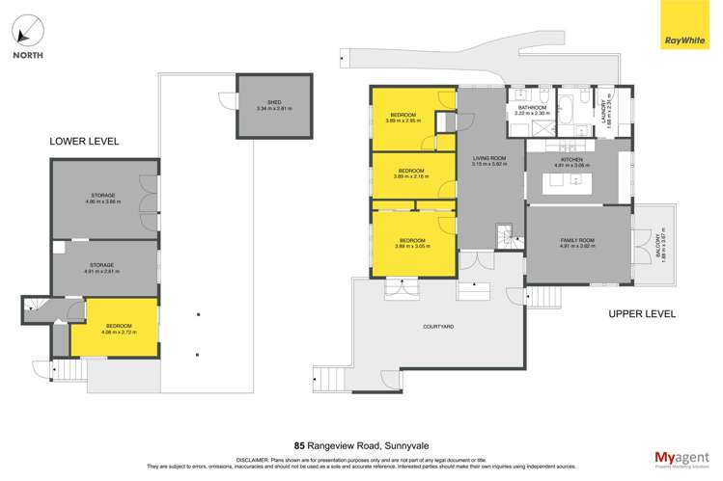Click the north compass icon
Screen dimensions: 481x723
27,31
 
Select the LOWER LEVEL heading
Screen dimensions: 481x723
84,142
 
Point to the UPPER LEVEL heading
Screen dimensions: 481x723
641,314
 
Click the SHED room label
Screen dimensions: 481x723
274,105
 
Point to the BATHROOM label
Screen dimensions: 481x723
532,110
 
